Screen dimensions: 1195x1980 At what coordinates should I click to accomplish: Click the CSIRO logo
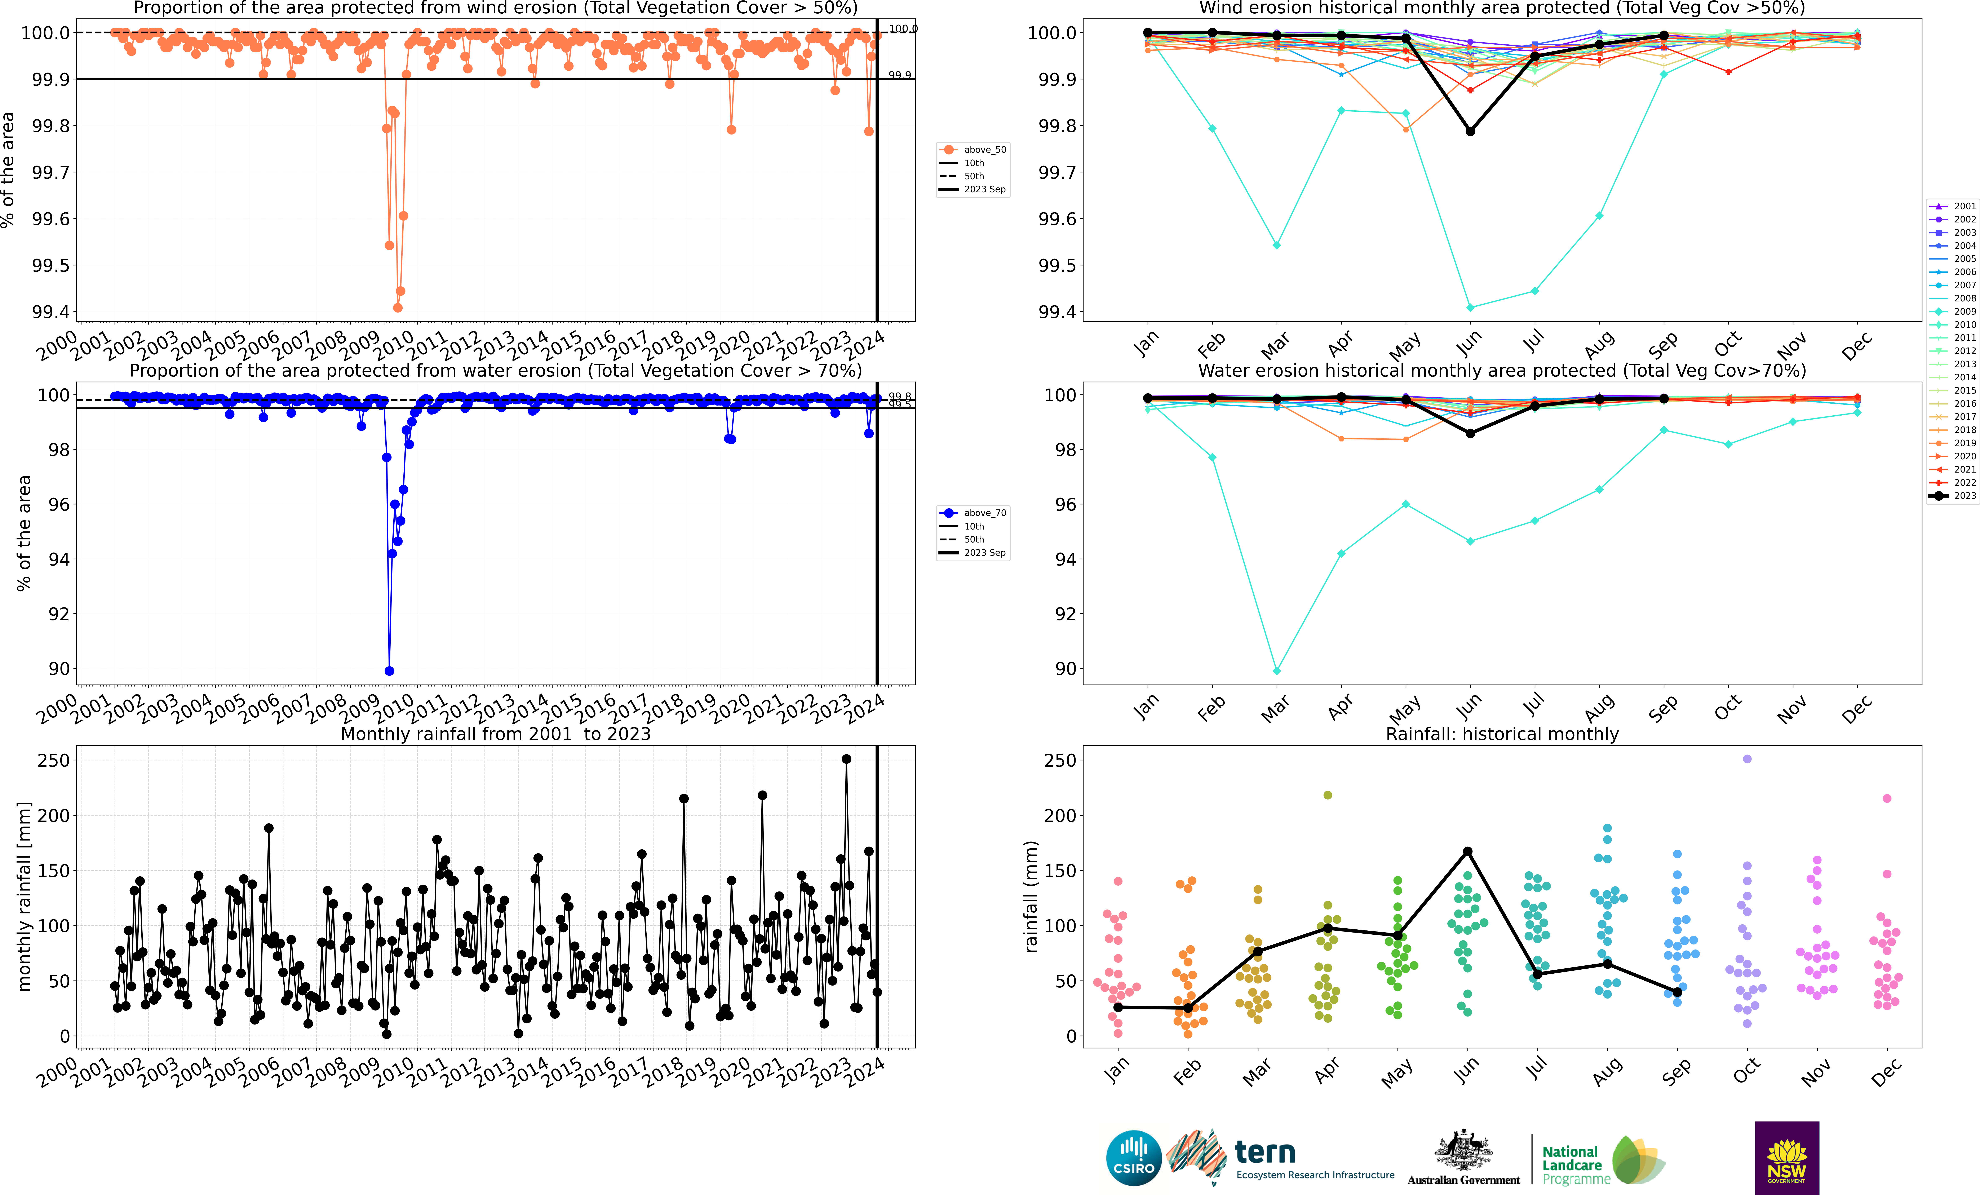[x=1134, y=1158]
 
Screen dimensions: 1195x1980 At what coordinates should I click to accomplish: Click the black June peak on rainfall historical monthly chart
[x=1467, y=851]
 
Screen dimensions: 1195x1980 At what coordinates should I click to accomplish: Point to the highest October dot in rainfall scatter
[x=1747, y=759]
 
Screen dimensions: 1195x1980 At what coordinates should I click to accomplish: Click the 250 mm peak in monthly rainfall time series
[x=846, y=759]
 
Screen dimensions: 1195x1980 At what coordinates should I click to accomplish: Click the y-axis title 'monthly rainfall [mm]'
[x=24, y=896]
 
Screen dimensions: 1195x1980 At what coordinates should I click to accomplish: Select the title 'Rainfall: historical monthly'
[x=1502, y=734]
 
